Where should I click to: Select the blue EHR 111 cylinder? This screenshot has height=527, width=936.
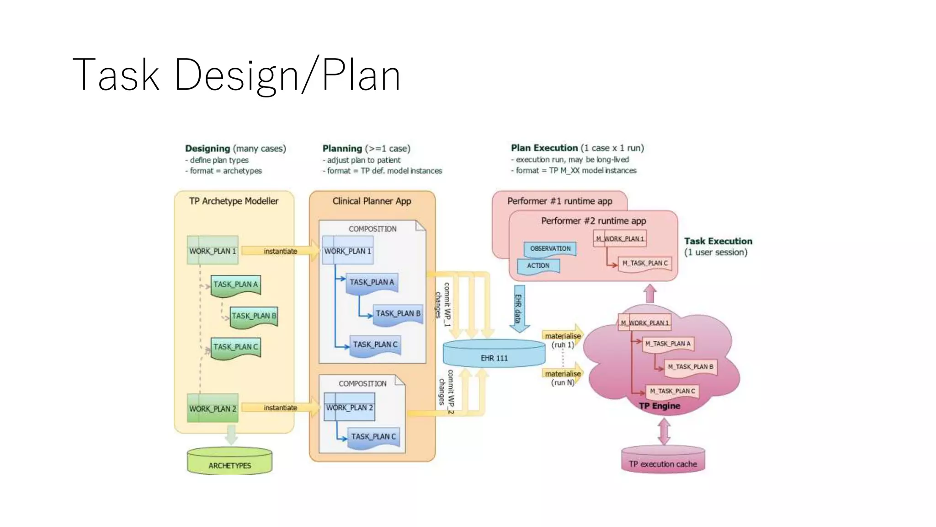coord(494,354)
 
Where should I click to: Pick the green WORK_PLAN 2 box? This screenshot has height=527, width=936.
coord(213,408)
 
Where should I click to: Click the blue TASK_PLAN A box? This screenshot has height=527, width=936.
coord(372,283)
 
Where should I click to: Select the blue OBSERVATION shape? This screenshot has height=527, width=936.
coord(550,249)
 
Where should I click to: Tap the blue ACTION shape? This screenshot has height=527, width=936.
coord(538,266)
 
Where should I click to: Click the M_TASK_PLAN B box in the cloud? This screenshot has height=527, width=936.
coord(690,367)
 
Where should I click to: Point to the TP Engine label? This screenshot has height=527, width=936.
coord(659,406)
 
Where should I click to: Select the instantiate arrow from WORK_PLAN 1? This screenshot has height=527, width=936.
coord(280,251)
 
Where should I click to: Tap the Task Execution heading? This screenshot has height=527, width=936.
coord(718,241)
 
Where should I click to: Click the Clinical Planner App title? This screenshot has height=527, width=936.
coord(372,201)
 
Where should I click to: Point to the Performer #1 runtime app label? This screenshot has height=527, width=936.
coord(559,201)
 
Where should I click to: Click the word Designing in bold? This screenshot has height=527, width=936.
coord(207,148)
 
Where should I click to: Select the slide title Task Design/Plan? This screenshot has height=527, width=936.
coord(236,75)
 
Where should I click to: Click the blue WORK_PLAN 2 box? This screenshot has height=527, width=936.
coord(349,407)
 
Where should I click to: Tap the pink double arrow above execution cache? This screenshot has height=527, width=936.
coord(664,431)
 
